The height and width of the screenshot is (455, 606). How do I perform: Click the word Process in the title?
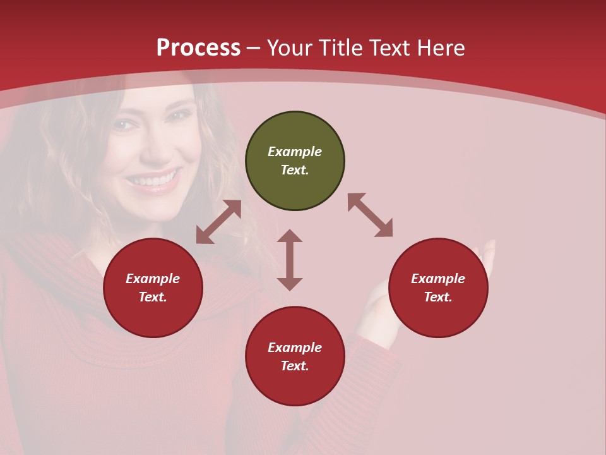[x=198, y=48]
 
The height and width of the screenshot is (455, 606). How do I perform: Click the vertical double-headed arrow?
[x=290, y=260]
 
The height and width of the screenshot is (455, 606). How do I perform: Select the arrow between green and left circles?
[x=218, y=222]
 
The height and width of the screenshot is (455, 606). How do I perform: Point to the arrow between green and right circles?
[x=370, y=215]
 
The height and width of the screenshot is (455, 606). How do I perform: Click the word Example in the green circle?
[x=295, y=152]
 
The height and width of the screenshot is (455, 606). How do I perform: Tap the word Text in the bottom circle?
[x=294, y=366]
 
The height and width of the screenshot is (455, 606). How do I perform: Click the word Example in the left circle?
[x=153, y=279]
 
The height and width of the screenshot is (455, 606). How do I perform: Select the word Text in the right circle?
[x=437, y=297]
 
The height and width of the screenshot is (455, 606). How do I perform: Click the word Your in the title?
[x=288, y=48]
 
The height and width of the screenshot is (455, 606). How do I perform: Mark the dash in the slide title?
[x=254, y=48]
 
